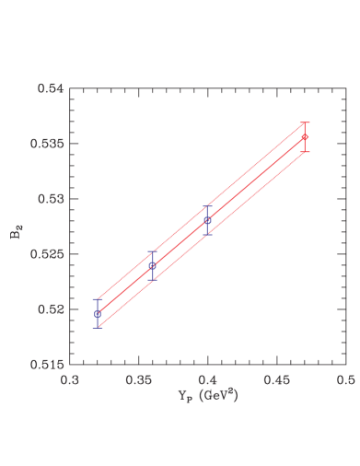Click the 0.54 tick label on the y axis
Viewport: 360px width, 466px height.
coord(50,89)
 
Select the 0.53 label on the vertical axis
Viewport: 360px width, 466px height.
coord(50,199)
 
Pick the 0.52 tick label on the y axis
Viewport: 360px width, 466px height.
coord(50,309)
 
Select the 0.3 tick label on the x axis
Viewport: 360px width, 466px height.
coord(69,378)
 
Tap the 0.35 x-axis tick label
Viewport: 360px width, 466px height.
coord(138,378)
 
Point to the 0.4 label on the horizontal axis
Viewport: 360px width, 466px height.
coord(208,378)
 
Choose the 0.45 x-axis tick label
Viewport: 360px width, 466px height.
coord(277,378)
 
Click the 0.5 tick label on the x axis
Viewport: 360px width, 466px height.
coord(345,378)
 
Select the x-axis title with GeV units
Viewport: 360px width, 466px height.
coord(208,394)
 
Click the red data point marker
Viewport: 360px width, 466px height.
coord(305,137)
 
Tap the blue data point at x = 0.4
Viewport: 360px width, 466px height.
coord(208,220)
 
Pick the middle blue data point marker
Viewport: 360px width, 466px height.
coord(152,265)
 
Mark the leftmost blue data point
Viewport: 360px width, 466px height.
coord(97,314)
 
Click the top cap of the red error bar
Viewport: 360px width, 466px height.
coord(305,122)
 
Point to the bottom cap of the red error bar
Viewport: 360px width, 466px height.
coord(305,151)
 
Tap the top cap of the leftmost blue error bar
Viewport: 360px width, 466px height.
coord(97,299)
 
